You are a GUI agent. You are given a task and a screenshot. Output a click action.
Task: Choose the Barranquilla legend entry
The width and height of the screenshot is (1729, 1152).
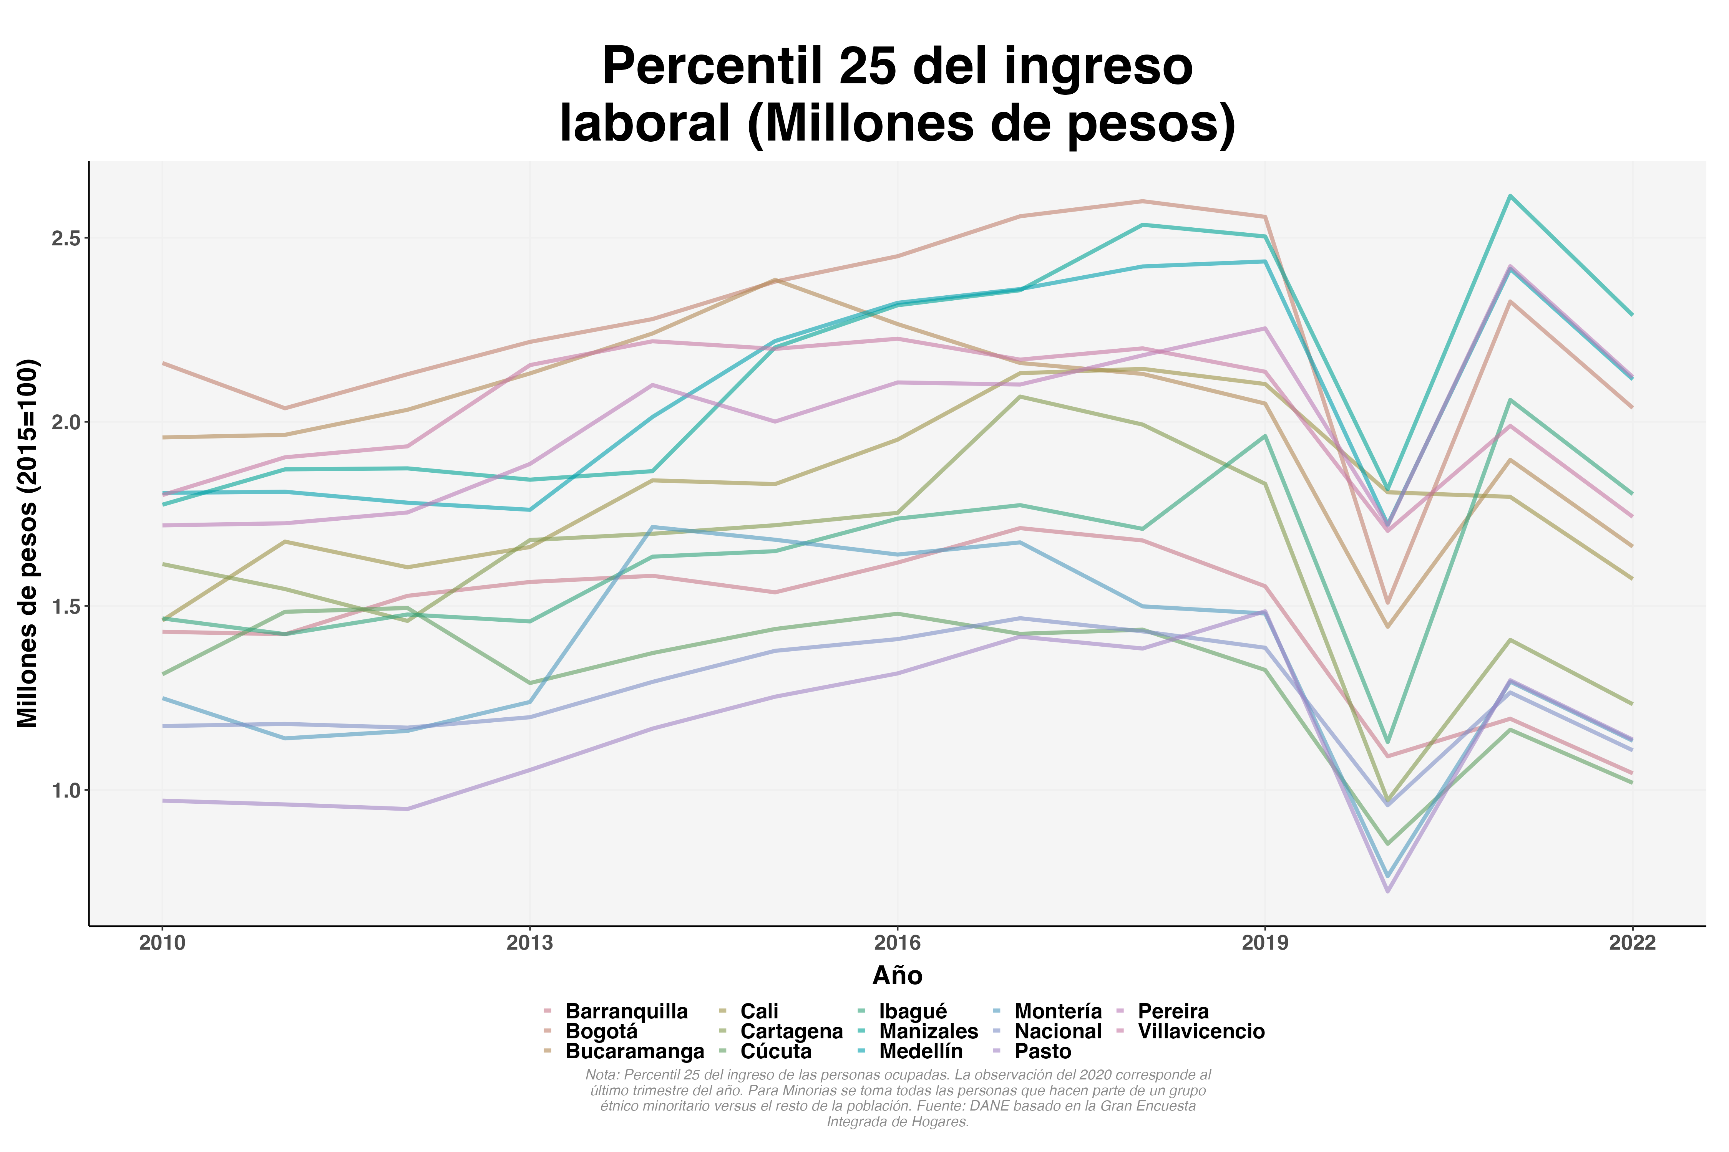(x=626, y=1012)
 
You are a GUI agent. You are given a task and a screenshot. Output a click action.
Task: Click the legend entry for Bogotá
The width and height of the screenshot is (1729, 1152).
(x=601, y=1031)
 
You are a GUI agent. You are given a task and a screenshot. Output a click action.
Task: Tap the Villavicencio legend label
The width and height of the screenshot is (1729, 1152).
(x=1201, y=1031)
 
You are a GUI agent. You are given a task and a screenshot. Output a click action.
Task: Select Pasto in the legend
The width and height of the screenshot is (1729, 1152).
(x=1042, y=1051)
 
